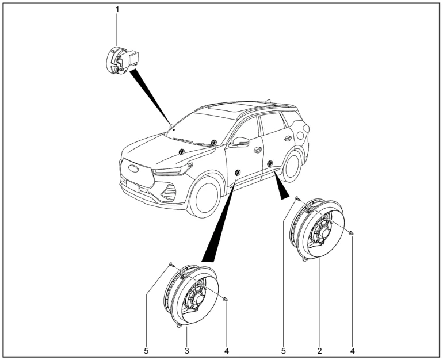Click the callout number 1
point(117,10)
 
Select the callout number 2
point(319,349)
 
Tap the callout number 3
point(187,349)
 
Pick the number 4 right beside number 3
point(227,349)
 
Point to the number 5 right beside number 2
point(284,349)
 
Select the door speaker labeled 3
point(190,296)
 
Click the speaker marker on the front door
point(237,172)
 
